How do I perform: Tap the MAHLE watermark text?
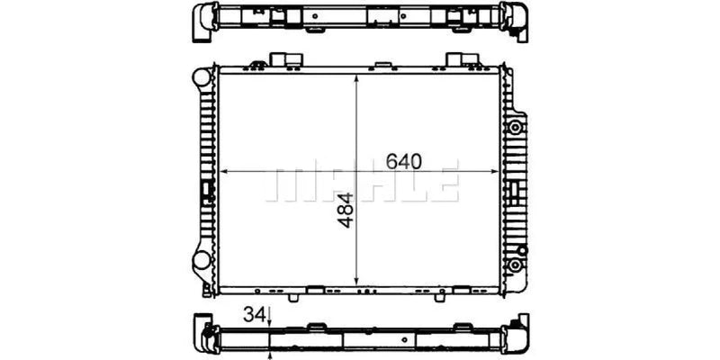pos(363,181)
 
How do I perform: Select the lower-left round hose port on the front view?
pos(201,262)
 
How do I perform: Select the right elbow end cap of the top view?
pos(518,21)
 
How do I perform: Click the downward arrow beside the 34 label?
pos(269,318)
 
